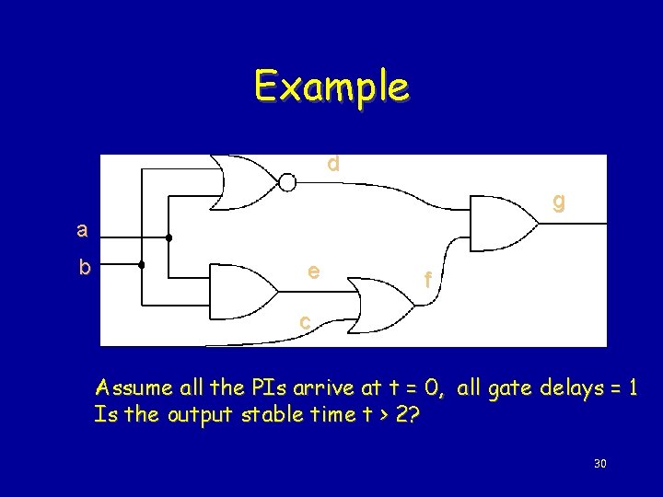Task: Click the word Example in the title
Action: [x=331, y=87]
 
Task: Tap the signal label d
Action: [x=332, y=164]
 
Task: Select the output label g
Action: [x=558, y=202]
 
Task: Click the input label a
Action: [x=83, y=229]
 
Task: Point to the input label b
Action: [x=84, y=268]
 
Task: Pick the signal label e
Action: [x=314, y=271]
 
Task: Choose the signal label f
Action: [x=425, y=279]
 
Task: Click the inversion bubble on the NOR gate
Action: [x=287, y=182]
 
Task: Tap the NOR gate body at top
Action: [x=244, y=182]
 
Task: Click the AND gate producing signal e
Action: [x=241, y=292]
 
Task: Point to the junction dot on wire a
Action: [x=169, y=238]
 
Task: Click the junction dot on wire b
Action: [x=141, y=265]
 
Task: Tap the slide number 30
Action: [x=599, y=463]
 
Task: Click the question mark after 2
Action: [x=415, y=414]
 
